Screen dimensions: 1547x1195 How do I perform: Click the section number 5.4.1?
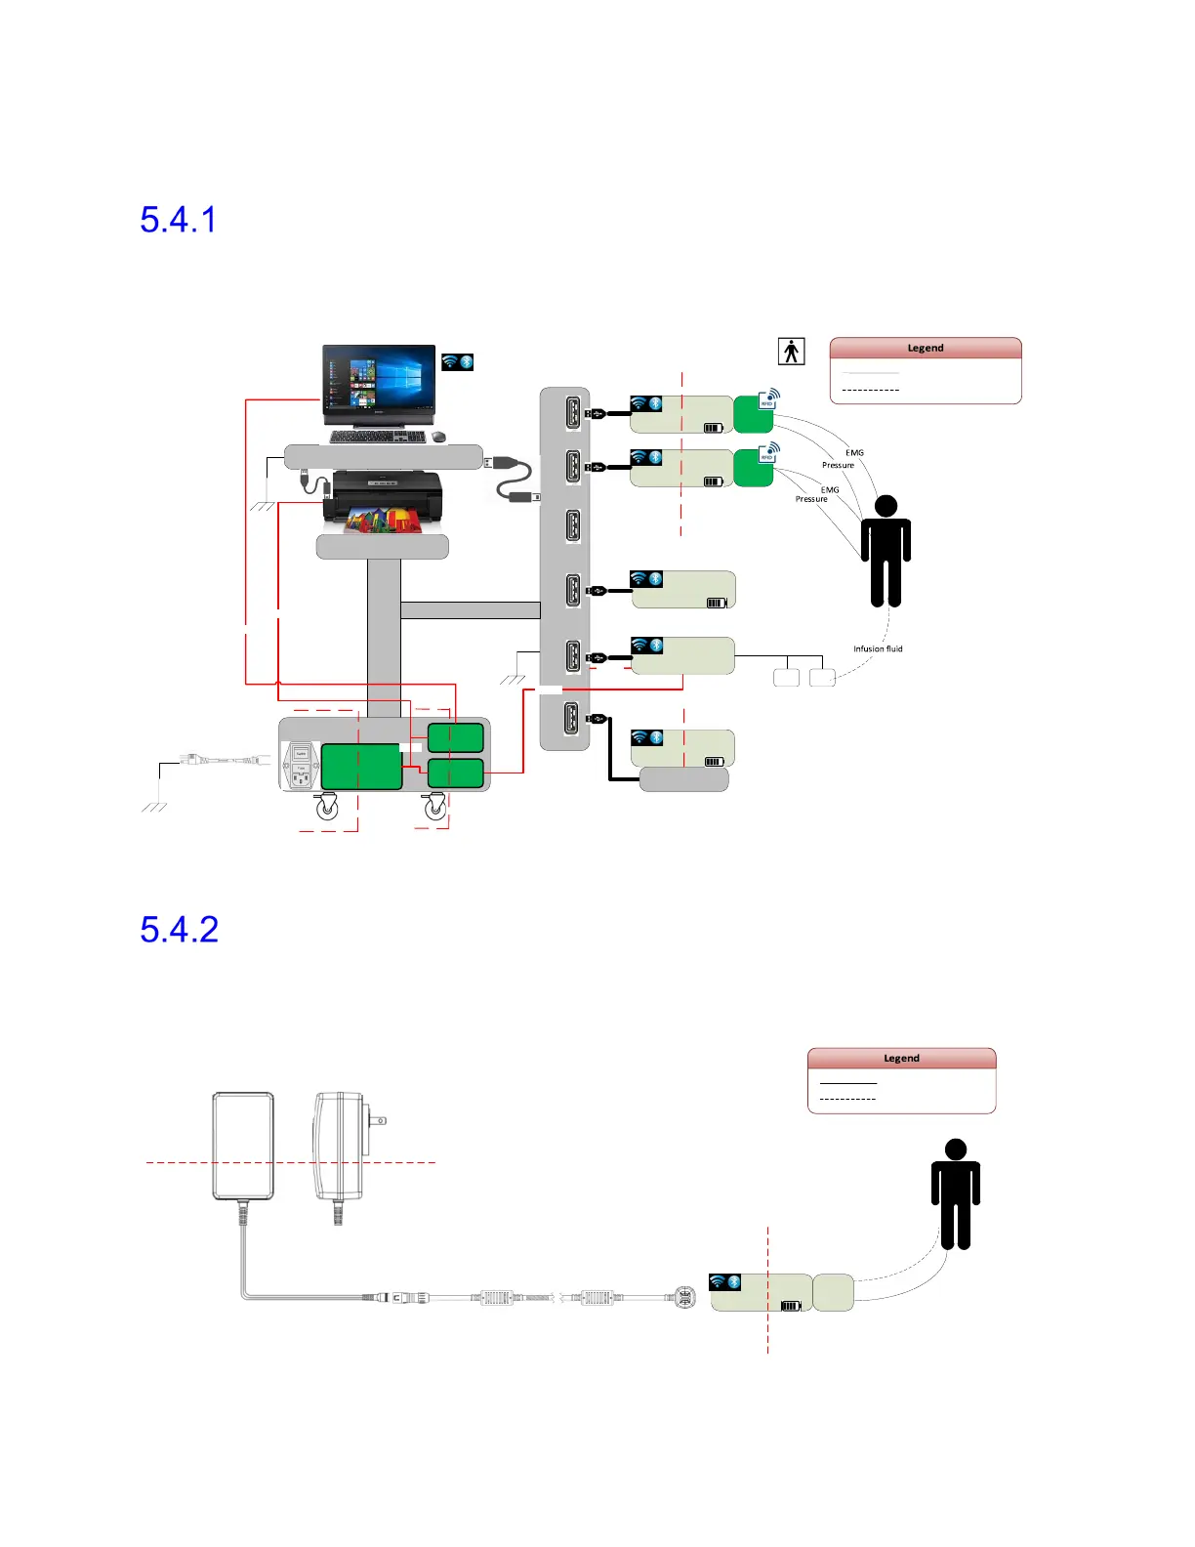tap(178, 220)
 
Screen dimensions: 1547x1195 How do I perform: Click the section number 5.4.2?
tap(179, 930)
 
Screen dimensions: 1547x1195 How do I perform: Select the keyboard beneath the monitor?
tap(377, 437)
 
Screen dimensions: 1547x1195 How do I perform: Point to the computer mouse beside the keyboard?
tap(438, 437)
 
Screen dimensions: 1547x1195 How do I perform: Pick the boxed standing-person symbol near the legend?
tap(791, 351)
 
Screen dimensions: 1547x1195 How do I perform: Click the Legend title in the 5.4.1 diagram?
tap(925, 348)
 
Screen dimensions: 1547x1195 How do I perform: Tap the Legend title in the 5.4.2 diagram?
tap(901, 1058)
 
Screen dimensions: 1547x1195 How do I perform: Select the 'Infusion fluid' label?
tap(878, 648)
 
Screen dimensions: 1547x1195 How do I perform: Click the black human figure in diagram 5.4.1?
tap(886, 552)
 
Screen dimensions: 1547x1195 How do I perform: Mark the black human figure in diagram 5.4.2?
tap(955, 1194)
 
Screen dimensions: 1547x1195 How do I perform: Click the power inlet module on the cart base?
tap(301, 766)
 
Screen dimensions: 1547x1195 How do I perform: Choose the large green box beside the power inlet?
tap(361, 767)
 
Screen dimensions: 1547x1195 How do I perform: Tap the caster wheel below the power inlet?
tap(326, 807)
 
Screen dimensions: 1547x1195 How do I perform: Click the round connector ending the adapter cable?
tap(685, 1298)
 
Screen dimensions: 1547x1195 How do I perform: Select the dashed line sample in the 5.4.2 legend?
tap(847, 1100)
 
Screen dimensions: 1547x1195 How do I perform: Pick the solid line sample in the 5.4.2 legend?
tap(847, 1083)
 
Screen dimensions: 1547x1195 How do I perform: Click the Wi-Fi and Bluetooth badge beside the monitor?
tap(457, 362)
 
